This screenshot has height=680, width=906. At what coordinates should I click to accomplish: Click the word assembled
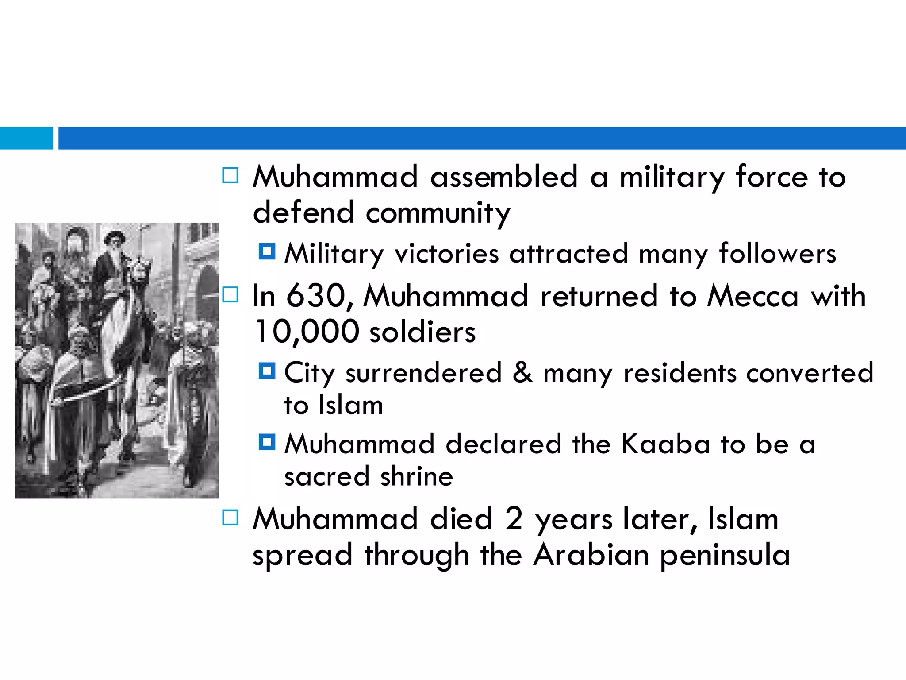click(x=504, y=177)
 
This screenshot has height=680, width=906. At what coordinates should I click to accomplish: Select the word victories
click(x=446, y=254)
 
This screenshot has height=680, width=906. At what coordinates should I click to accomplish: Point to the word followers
click(x=777, y=254)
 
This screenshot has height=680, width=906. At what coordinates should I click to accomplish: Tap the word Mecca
click(x=752, y=296)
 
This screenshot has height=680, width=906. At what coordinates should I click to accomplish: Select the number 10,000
click(x=307, y=332)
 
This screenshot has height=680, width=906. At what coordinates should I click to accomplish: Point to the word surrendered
click(x=423, y=373)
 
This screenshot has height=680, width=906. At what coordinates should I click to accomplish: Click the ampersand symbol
click(x=522, y=373)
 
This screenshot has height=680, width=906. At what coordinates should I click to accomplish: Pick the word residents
click(x=679, y=373)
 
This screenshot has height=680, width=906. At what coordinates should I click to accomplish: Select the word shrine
click(x=417, y=477)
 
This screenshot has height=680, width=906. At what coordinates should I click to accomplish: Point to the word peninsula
click(x=725, y=556)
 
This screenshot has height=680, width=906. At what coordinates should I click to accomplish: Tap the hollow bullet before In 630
click(x=230, y=295)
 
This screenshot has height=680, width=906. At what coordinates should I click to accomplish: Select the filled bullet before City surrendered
click(x=267, y=371)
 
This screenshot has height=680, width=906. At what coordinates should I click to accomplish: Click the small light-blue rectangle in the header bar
click(x=26, y=138)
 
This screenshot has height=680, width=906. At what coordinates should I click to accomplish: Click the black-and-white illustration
click(x=117, y=360)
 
